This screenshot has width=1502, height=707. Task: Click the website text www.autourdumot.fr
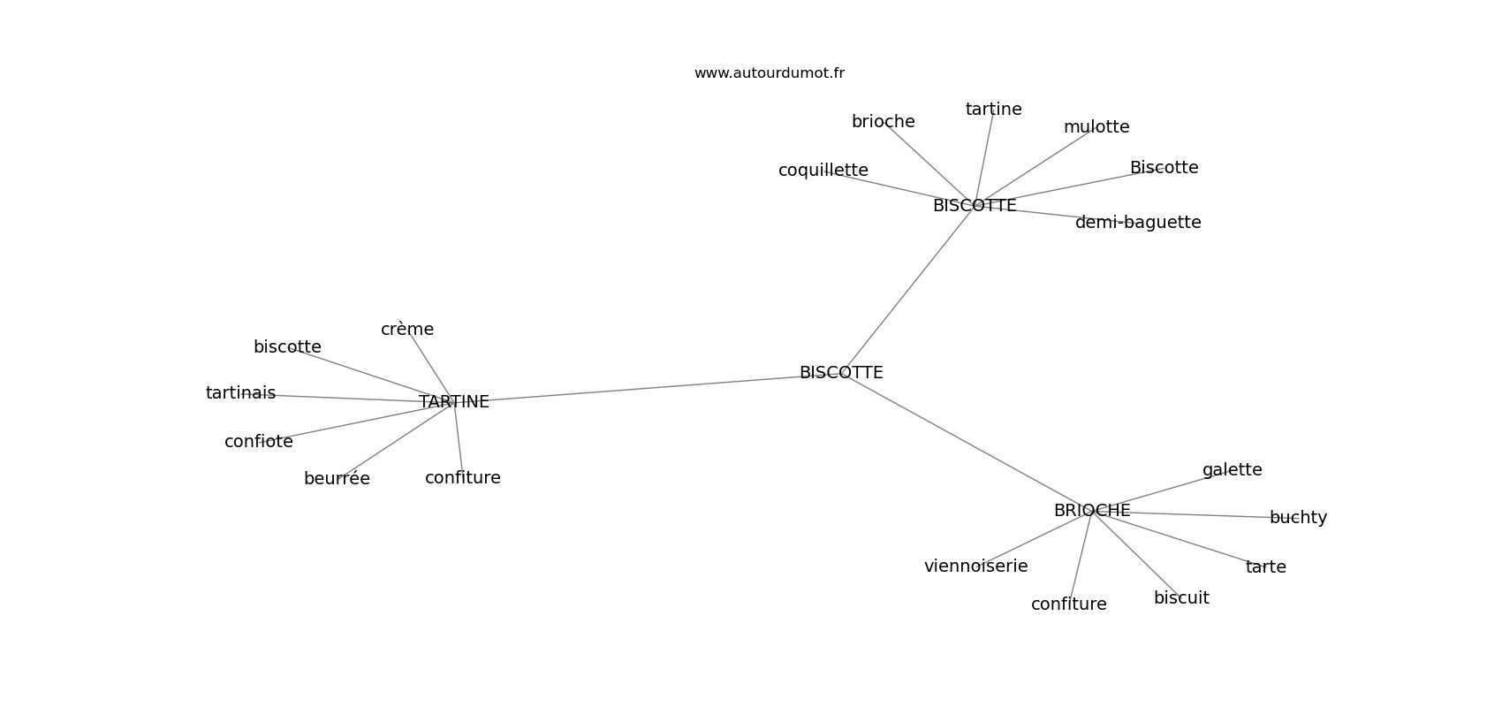769,73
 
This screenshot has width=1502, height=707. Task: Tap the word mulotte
1096,126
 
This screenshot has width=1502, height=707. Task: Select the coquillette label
823,171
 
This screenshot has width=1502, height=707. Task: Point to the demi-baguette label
1138,222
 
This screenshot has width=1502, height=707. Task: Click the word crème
407,330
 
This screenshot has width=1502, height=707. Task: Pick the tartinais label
240,392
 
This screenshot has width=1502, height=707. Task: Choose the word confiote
258,441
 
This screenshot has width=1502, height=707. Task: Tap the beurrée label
337,478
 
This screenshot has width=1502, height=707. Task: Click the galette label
1232,469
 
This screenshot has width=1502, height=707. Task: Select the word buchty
1298,517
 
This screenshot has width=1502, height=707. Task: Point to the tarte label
1265,566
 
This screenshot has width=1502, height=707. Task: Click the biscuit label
1180,597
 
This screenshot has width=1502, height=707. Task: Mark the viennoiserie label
975,566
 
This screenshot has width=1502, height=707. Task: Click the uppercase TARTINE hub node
454,402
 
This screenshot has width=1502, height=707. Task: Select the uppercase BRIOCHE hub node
1092,511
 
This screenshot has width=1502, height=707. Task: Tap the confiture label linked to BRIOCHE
1069,604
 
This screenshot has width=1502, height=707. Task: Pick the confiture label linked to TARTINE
463,477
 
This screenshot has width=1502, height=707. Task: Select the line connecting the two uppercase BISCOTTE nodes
908,289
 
